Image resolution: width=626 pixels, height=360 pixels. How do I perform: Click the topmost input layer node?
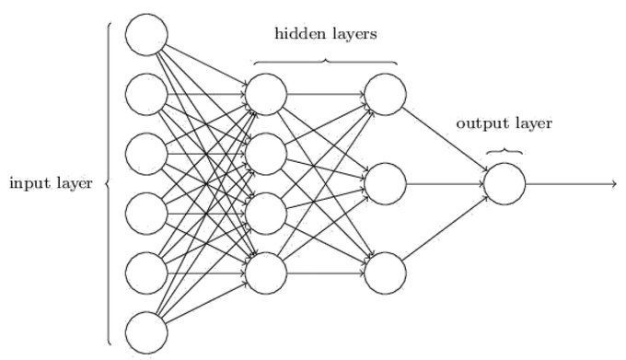click(x=146, y=35)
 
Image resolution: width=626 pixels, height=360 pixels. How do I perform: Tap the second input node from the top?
click(x=146, y=94)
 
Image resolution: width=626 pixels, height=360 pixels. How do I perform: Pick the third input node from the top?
click(x=146, y=153)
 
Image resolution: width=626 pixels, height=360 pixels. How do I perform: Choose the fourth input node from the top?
click(x=146, y=212)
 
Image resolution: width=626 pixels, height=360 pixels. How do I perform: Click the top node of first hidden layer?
click(x=266, y=94)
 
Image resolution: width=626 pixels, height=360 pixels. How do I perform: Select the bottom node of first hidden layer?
click(x=266, y=271)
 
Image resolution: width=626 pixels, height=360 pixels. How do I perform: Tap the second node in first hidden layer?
click(x=266, y=153)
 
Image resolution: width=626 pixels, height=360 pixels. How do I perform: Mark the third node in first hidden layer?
click(x=266, y=212)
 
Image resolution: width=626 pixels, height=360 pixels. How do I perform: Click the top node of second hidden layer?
click(x=385, y=94)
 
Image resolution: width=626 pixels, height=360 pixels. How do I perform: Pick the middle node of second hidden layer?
click(x=385, y=182)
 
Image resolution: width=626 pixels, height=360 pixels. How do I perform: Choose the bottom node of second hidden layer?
click(x=385, y=271)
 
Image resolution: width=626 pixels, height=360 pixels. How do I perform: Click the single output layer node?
click(x=504, y=182)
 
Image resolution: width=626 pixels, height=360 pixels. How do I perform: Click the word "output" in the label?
click(x=479, y=123)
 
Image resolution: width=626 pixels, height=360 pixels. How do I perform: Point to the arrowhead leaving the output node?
click(x=612, y=182)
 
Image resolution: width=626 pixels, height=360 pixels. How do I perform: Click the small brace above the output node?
click(x=504, y=151)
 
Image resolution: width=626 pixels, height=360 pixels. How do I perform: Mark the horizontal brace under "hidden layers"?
click(x=325, y=62)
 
